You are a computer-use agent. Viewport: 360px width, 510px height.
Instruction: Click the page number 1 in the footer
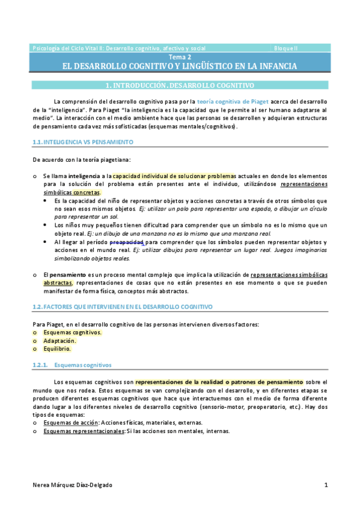pos(326,485)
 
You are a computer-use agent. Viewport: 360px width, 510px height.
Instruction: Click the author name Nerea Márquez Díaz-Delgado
pos(72,485)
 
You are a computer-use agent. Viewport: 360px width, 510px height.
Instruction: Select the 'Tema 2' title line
pos(180,57)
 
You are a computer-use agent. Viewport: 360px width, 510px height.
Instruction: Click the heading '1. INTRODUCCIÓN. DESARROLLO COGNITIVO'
pos(180,85)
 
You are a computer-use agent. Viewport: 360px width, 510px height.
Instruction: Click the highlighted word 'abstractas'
pos(58,282)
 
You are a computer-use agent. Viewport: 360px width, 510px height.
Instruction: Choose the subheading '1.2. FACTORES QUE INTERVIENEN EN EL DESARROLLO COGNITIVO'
pos(122,307)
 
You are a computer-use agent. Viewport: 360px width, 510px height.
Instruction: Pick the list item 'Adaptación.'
pos(59,340)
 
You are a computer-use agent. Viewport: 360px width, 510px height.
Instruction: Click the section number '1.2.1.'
pos(40,365)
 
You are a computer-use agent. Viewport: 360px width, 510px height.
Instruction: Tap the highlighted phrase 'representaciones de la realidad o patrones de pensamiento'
pos(219,381)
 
